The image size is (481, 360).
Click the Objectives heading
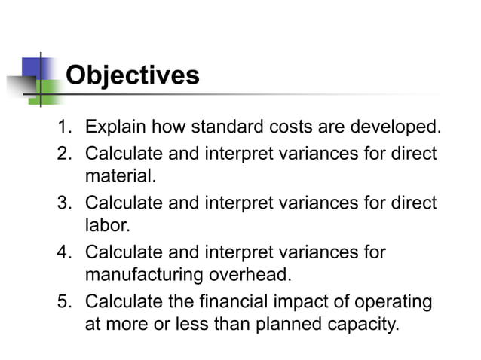[x=133, y=75]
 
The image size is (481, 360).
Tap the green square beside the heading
[x=48, y=92]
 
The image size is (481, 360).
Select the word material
[x=120, y=178]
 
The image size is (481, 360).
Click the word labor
[x=108, y=227]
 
